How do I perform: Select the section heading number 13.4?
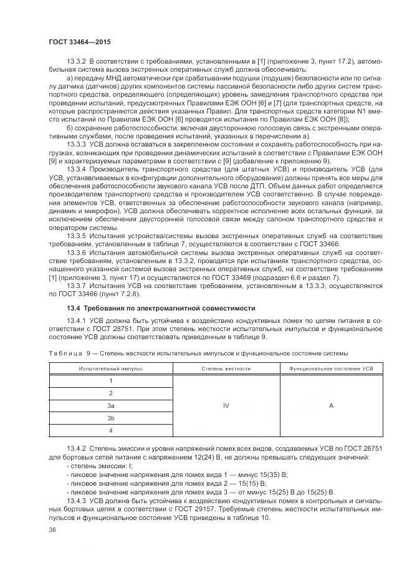tap(75, 309)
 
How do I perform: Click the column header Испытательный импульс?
tap(111, 369)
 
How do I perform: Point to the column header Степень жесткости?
tap(226, 369)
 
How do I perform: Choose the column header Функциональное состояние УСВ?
tap(330, 369)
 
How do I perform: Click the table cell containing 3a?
tap(111, 405)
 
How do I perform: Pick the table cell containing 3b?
tap(111, 418)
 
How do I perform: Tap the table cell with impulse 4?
tap(111, 430)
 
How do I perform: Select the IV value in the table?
tap(226, 405)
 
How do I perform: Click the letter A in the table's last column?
tap(331, 405)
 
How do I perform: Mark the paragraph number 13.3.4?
tap(77, 170)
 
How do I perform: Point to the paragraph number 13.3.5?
tap(77, 236)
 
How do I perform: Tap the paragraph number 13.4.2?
tap(77, 448)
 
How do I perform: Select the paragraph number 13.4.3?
tap(77, 501)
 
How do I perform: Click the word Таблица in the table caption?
tap(65, 354)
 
